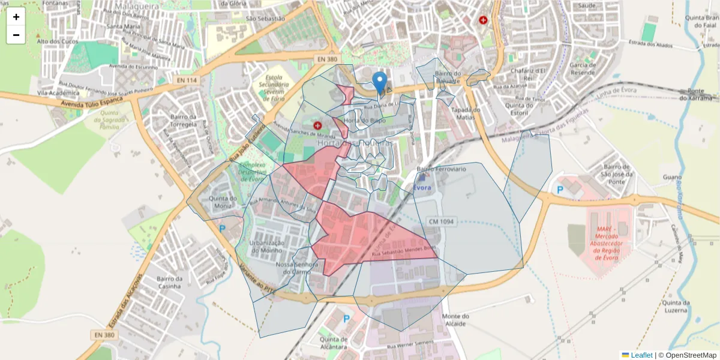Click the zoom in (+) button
[16, 17]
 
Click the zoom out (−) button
[16, 35]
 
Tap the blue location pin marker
[379, 83]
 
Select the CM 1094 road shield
[442, 222]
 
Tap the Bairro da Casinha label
[169, 282]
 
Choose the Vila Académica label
[59, 94]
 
